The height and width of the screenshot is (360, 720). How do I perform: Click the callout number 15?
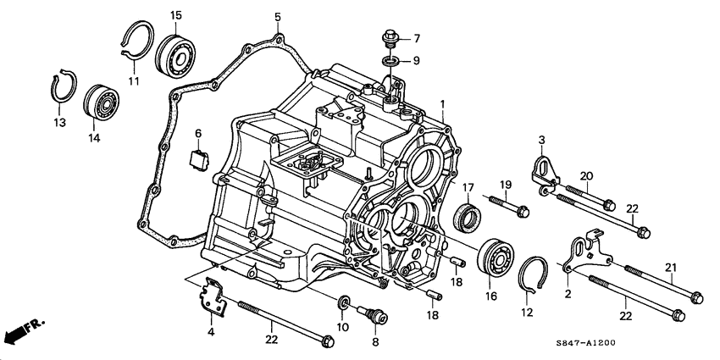[176, 15]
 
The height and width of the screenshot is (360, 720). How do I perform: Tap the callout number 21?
[672, 269]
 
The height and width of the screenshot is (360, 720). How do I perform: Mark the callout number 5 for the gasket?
[277, 16]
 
